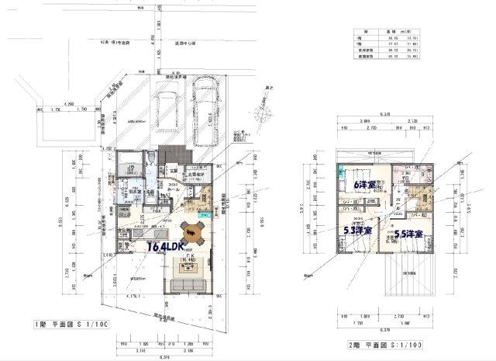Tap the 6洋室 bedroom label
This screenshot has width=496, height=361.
363,186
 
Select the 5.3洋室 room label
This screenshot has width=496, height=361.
357,231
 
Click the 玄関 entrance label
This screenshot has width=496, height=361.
175,169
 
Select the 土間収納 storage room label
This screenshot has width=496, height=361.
197,176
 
